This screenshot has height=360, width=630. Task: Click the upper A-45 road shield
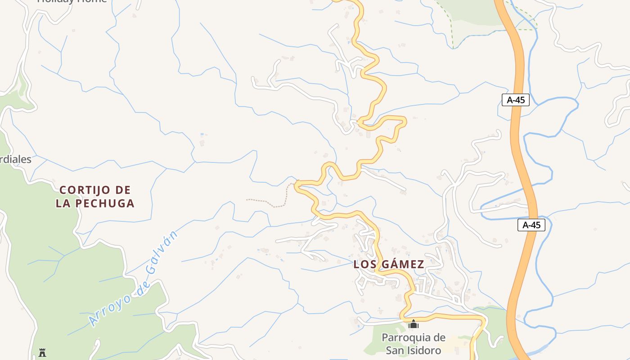(x=516, y=100)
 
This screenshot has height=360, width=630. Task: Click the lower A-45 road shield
(x=531, y=225)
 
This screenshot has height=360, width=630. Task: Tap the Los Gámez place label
(x=389, y=264)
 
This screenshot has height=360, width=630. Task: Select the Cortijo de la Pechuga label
(x=95, y=197)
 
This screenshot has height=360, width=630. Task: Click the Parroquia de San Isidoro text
(x=413, y=344)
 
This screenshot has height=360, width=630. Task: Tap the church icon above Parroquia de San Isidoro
(x=413, y=324)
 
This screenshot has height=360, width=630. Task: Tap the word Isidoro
(x=423, y=350)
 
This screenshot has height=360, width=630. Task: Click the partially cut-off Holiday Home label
(x=72, y=1)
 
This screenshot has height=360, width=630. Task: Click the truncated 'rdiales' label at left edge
(x=16, y=159)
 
